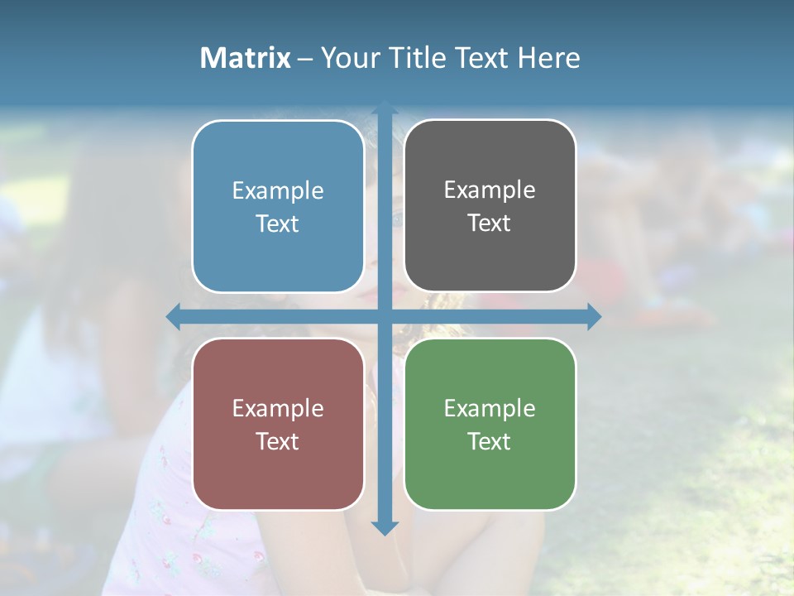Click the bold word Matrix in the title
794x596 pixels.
pos(246,58)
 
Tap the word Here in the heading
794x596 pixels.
pos(549,58)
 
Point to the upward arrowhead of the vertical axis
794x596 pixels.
pos(385,108)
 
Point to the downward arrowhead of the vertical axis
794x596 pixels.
pos(385,527)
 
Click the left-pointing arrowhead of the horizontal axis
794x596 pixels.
pos(173,316)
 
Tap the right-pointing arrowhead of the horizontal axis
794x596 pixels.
pos(594,316)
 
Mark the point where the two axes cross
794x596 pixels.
pos(385,316)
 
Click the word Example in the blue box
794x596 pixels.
pos(278,191)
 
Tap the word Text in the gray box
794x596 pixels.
pos(490,223)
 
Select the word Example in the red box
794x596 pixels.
pos(278,409)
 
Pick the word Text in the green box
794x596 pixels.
pos(490,442)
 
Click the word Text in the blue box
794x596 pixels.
pos(278,224)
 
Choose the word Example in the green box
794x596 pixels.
pos(490,409)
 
